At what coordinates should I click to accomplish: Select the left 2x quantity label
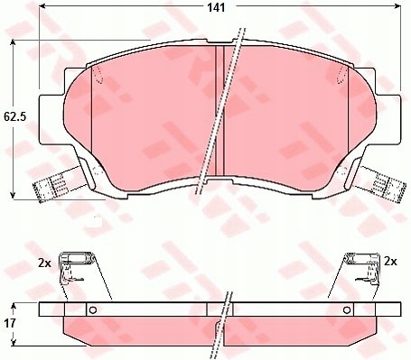[44, 262]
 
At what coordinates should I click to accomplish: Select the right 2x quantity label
[391, 261]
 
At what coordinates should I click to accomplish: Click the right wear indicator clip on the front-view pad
[379, 187]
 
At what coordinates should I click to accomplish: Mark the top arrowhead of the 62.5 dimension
[13, 42]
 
